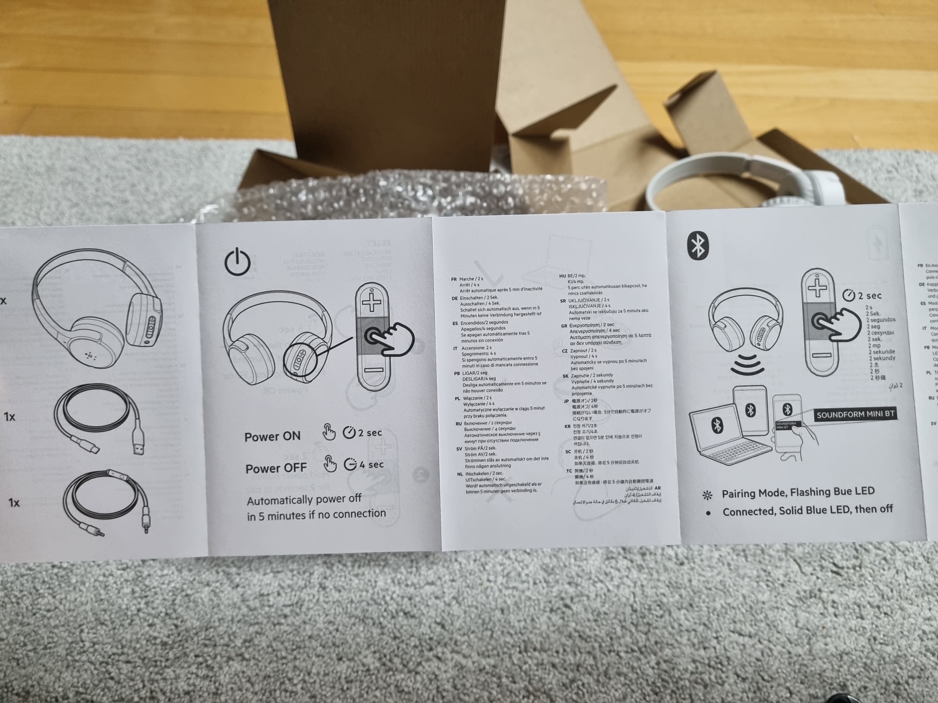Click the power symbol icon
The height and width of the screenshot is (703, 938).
point(238,262)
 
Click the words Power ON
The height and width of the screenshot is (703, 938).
point(272,436)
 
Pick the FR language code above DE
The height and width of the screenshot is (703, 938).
point(454,279)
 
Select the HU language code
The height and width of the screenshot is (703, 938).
point(562,276)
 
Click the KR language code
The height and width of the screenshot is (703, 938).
point(567,426)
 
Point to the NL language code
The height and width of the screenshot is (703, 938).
point(460,474)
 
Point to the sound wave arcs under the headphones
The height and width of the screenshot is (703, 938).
point(748,365)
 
